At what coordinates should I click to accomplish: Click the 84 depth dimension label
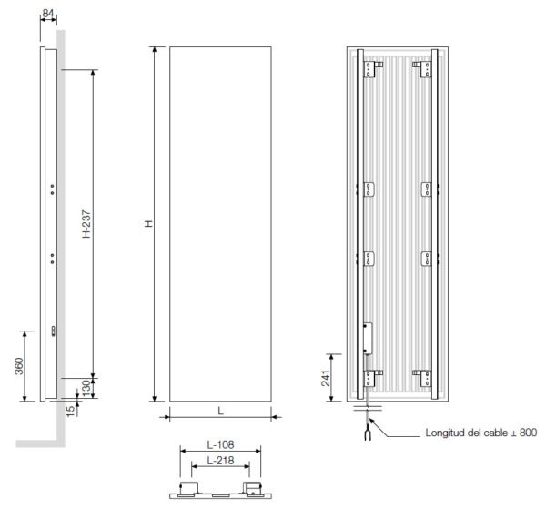47,14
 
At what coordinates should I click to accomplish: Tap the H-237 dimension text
86,224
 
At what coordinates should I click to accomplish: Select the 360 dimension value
19,366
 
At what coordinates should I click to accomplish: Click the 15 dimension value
70,411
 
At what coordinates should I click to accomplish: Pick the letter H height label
148,224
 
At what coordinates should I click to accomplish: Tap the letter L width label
220,411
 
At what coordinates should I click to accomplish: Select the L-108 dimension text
220,445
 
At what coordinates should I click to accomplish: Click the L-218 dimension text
220,461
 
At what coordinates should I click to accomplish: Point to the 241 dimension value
325,378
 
